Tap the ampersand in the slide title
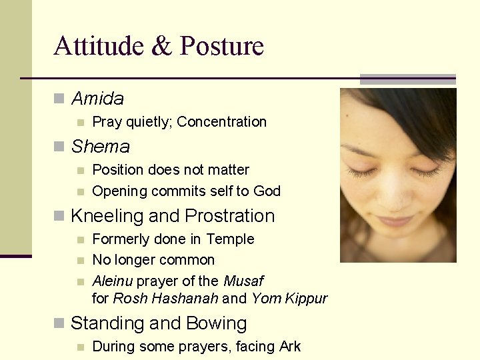coord(161,47)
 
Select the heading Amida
coord(97,99)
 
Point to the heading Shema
coord(100,146)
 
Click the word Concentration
coord(221,122)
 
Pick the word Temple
coord(230,239)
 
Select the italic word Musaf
coord(243,281)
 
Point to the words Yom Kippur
coord(289,299)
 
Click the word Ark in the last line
coord(289,347)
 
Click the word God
coord(267,191)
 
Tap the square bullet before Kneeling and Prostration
coord(59,217)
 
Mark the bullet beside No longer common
coord(80,261)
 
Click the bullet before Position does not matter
coord(80,171)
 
